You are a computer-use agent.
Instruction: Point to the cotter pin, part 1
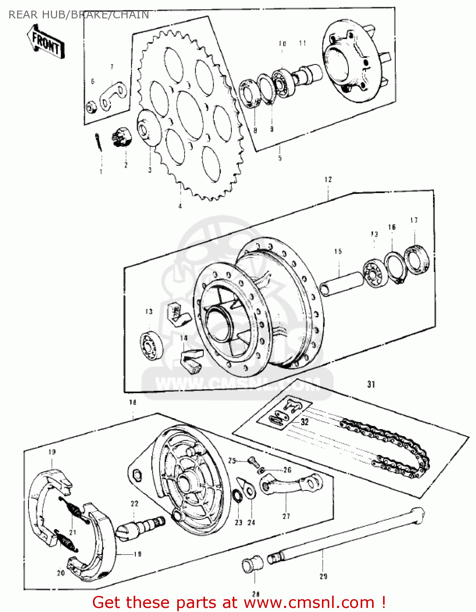pyautogui.click(x=98, y=142)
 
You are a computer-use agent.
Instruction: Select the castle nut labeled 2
pyautogui.click(x=122, y=137)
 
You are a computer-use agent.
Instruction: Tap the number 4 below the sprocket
pyautogui.click(x=180, y=206)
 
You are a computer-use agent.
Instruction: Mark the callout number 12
pyautogui.click(x=328, y=179)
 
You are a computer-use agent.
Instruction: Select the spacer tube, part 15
pyautogui.click(x=342, y=283)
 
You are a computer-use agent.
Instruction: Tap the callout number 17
pyautogui.click(x=414, y=220)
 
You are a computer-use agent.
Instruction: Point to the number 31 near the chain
pyautogui.click(x=371, y=384)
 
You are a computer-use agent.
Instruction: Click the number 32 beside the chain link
pyautogui.click(x=304, y=422)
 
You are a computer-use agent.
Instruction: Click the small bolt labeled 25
pyautogui.click(x=253, y=461)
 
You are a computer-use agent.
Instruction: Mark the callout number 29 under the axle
pyautogui.click(x=323, y=576)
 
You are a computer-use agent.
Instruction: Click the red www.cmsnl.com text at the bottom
pyautogui.click(x=310, y=602)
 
